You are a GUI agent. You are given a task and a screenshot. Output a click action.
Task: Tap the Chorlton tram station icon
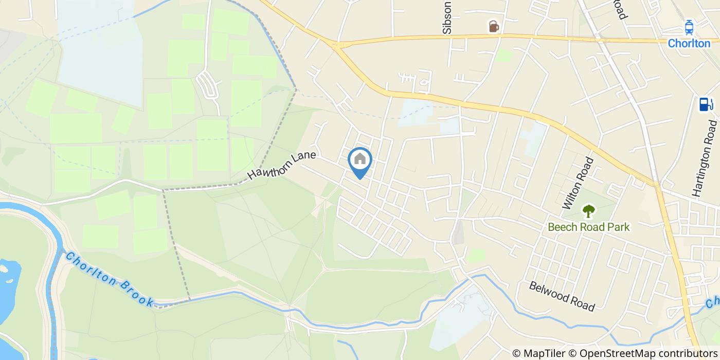(x=689, y=27)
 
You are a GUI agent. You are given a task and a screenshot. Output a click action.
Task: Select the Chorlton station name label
(x=689, y=44)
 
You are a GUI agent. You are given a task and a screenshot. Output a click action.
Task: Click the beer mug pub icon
(x=493, y=26)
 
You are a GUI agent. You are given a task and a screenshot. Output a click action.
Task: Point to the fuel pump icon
(x=706, y=104)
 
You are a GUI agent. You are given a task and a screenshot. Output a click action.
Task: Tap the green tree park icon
(x=588, y=210)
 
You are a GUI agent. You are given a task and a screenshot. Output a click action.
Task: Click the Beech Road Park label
(x=588, y=227)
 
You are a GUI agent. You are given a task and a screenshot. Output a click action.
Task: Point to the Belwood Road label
(x=562, y=296)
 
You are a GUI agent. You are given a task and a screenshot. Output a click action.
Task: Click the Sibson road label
(x=447, y=18)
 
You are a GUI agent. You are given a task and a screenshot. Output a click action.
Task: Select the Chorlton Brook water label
(x=110, y=279)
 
